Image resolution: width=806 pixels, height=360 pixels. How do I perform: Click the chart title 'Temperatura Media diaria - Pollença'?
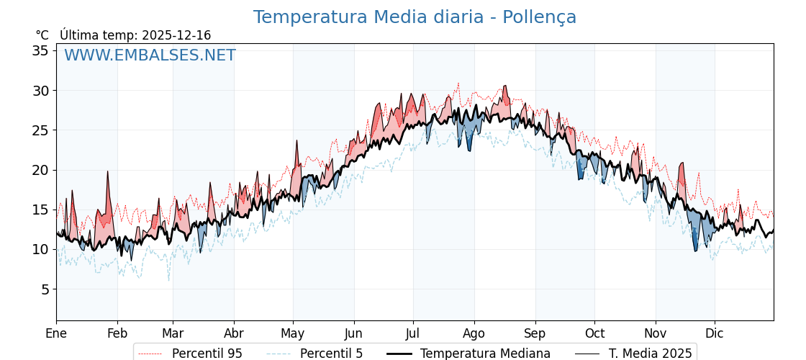[415, 17]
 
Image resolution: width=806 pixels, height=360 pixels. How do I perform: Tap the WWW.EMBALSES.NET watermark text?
[150, 55]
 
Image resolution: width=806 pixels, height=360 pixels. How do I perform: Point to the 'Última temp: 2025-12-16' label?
[135, 35]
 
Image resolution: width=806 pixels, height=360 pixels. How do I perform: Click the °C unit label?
[42, 35]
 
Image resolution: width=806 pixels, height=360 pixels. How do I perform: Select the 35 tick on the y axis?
[40, 50]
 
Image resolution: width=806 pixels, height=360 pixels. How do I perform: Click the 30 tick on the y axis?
[40, 91]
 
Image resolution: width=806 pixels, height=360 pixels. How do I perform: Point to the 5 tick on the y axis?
[44, 289]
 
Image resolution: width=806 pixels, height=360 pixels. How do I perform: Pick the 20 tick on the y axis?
[40, 170]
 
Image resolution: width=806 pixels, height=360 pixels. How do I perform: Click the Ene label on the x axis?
[56, 334]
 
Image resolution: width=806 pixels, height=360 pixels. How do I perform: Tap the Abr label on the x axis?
[234, 334]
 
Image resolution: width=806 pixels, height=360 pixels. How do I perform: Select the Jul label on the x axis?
[413, 334]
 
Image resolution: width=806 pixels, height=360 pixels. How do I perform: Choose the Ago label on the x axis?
[474, 334]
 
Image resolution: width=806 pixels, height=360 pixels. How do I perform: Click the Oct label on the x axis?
[594, 334]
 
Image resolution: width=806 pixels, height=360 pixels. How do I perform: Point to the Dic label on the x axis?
[715, 334]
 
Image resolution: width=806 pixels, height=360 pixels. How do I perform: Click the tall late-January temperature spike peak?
[107, 172]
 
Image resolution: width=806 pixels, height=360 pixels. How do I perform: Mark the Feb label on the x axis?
[117, 334]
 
